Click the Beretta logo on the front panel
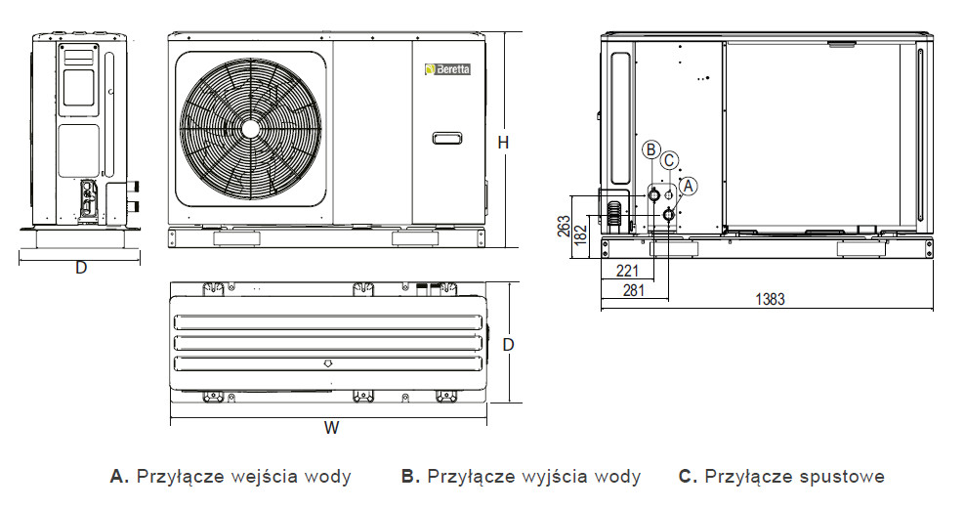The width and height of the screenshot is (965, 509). (x=445, y=69)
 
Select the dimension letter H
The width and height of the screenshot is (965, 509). (x=503, y=143)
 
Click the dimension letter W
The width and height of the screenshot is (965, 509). (x=332, y=428)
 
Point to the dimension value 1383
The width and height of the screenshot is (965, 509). (x=770, y=299)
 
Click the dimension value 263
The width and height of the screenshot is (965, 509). (x=564, y=227)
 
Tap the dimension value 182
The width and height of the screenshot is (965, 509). (x=581, y=234)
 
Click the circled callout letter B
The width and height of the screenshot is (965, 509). (x=651, y=149)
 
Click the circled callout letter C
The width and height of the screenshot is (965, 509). (x=669, y=160)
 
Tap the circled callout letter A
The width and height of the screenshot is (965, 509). (x=688, y=184)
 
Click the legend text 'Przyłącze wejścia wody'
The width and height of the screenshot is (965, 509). (x=243, y=477)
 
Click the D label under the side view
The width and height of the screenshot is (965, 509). (x=81, y=268)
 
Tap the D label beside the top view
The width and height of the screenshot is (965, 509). (x=508, y=345)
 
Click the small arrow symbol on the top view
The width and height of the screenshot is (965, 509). (x=329, y=363)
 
